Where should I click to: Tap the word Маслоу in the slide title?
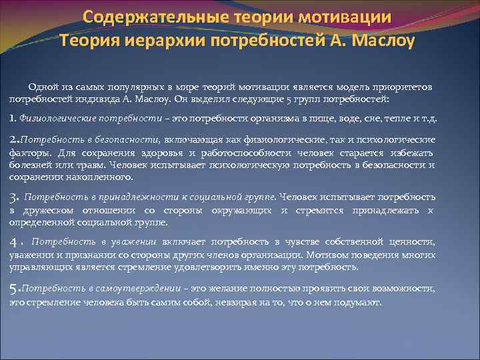pyautogui.click(x=382, y=41)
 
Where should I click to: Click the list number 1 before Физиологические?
pyautogui.click(x=12, y=118)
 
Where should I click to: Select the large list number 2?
pyautogui.click(x=13, y=139)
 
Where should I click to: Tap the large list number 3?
pyautogui.click(x=13, y=197)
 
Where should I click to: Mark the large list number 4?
pyautogui.click(x=13, y=241)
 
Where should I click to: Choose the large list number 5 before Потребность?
pyautogui.click(x=13, y=289)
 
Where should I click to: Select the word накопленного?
pyautogui.click(x=103, y=177)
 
